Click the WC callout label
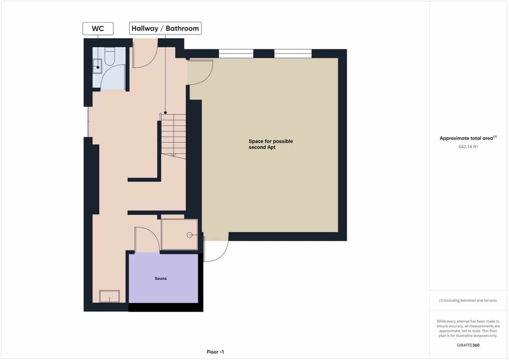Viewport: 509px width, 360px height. (x=98, y=29)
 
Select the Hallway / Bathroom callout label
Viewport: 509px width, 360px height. (x=165, y=29)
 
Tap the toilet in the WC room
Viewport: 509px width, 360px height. (x=109, y=58)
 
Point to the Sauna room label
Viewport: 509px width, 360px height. (x=160, y=279)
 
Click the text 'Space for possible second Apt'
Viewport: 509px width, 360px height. (x=271, y=144)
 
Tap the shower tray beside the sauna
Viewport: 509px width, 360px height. (x=179, y=234)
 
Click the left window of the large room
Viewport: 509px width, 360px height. (x=236, y=53)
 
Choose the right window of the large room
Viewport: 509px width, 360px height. (x=293, y=53)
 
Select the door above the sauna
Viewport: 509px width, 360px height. (x=147, y=240)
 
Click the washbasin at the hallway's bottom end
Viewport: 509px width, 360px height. (x=109, y=296)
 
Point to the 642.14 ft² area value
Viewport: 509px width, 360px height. (x=468, y=147)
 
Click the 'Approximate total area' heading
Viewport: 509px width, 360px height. (x=467, y=138)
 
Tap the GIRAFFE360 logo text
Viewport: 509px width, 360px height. (x=468, y=345)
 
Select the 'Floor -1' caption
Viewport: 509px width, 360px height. (x=215, y=352)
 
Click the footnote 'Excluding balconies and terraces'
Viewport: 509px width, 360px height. (x=468, y=301)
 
